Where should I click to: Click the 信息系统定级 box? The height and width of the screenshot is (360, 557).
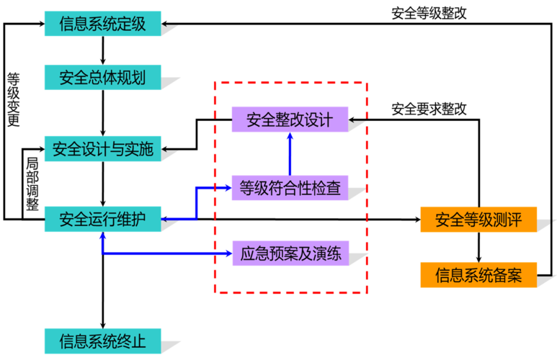102,24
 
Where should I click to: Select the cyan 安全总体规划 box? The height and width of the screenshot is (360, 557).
102,78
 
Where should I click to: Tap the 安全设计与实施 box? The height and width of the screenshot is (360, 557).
102,149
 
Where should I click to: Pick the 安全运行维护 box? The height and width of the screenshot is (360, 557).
102,219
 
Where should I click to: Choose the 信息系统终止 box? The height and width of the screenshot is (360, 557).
102,341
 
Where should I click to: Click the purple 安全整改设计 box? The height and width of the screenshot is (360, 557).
290,120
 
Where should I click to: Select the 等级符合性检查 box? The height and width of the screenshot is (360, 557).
290,189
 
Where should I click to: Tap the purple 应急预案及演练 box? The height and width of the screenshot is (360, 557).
290,253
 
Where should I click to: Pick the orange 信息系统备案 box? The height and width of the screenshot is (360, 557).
478,274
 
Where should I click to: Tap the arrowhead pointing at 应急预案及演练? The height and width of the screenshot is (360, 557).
226,253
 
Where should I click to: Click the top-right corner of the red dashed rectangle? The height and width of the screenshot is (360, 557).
368,83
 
